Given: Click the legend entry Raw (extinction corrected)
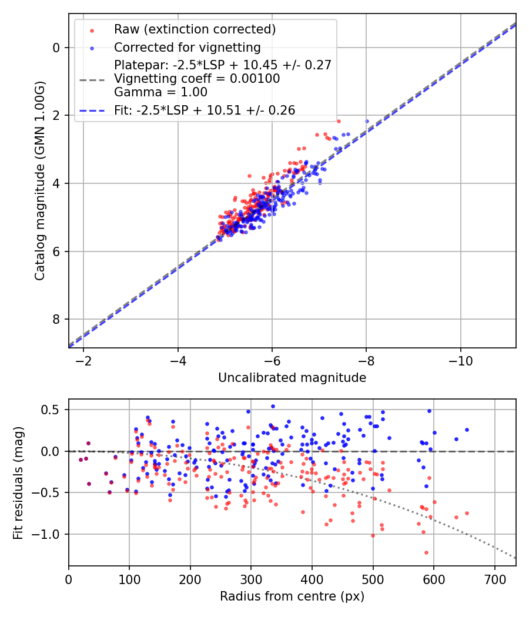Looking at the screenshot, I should pyautogui.click(x=195, y=29).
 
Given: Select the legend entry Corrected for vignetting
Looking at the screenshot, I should pyautogui.click(x=187, y=47).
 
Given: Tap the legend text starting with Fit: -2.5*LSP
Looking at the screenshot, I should pyautogui.click(x=205, y=110).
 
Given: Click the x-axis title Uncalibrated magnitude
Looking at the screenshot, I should pyautogui.click(x=292, y=378).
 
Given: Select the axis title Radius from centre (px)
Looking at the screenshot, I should pyautogui.click(x=292, y=596).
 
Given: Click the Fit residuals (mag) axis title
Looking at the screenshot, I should pyautogui.click(x=18, y=483).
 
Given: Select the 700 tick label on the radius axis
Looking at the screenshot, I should pyautogui.click(x=495, y=579).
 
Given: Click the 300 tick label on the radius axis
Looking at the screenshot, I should pyautogui.click(x=251, y=579).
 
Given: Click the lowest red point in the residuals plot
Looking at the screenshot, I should pyautogui.click(x=426, y=552).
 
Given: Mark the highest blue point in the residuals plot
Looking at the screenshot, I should pyautogui.click(x=273, y=406).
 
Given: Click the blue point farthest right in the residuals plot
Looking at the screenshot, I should pyautogui.click(x=467, y=430).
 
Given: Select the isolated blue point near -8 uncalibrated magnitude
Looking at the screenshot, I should pyautogui.click(x=367, y=121).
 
